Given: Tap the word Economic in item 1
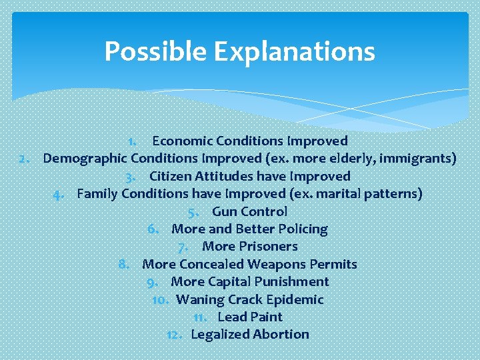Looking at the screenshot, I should tap(179, 141).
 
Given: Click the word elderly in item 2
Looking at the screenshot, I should tap(362, 159).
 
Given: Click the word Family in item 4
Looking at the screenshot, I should tap(97, 194).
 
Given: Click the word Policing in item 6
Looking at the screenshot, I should tap(303, 229).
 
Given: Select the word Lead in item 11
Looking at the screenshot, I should tap(231, 317).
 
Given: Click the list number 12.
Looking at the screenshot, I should tap(175, 334).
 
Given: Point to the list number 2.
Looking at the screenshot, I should tap(25, 159).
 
